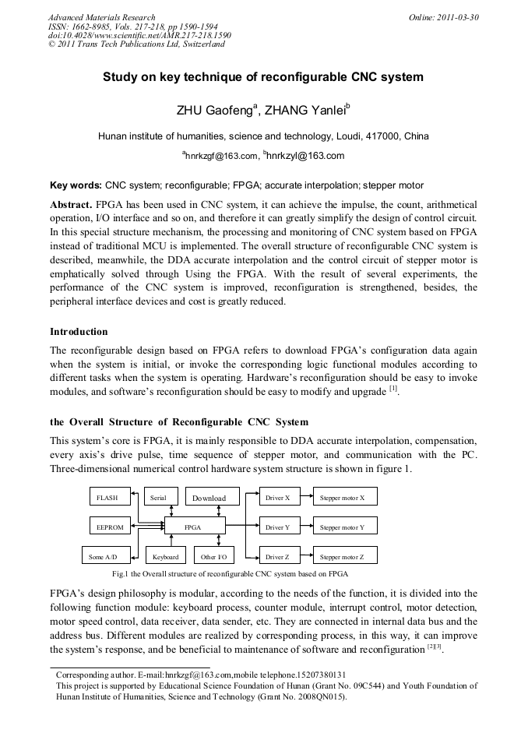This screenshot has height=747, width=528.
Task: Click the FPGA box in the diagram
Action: pyautogui.click(x=192, y=527)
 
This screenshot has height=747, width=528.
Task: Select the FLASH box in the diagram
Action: pyautogui.click(x=108, y=498)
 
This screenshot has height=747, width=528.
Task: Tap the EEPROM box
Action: pyautogui.click(x=110, y=527)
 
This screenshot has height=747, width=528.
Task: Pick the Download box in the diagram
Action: pyautogui.click(x=209, y=498)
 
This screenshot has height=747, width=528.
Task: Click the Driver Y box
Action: pyautogui.click(x=277, y=527)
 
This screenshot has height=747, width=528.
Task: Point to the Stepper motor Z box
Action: pyautogui.click(x=347, y=557)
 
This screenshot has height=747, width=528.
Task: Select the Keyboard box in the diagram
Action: pyautogui.click(x=165, y=557)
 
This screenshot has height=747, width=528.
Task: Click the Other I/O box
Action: pyautogui.click(x=213, y=557)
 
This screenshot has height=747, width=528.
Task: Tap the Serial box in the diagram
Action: pyautogui.click(x=158, y=498)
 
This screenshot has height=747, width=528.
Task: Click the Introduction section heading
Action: pyautogui.click(x=79, y=332)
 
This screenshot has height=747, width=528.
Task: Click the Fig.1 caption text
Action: pyautogui.click(x=230, y=573)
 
